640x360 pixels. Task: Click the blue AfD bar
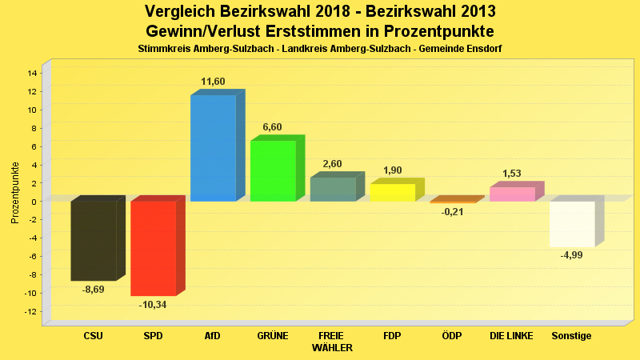pos(213,148)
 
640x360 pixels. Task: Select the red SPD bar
pos(153,248)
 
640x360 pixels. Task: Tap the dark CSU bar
pos(94,240)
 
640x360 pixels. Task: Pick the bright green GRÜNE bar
pos(273,170)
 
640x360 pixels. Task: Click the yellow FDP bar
pos(392,192)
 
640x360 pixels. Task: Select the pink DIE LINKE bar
pos(512,194)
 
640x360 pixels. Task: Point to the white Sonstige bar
pos(571,224)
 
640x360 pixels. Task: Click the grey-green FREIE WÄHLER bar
pos(333,189)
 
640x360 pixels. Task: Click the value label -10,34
pos(153,305)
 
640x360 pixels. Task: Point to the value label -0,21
pos(452,212)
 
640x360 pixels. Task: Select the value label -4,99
pos(571,255)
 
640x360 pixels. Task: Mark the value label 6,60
pos(273,128)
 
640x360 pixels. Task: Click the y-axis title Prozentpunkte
pos(14,193)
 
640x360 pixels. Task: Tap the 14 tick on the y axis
pos(33,73)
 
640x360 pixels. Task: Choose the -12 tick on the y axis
pos(31,311)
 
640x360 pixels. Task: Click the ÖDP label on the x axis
pos(452,336)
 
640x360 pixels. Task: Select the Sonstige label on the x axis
pos(571,336)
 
